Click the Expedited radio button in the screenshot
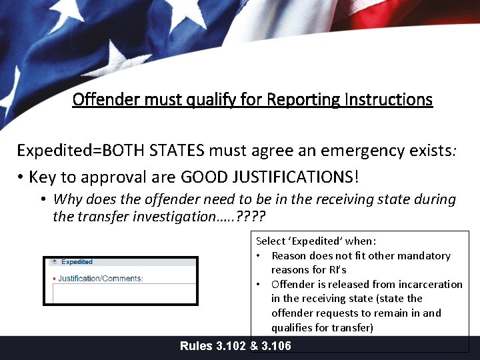pos(54,261)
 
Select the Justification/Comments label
pos(101,278)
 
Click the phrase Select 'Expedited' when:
pos(316,241)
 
